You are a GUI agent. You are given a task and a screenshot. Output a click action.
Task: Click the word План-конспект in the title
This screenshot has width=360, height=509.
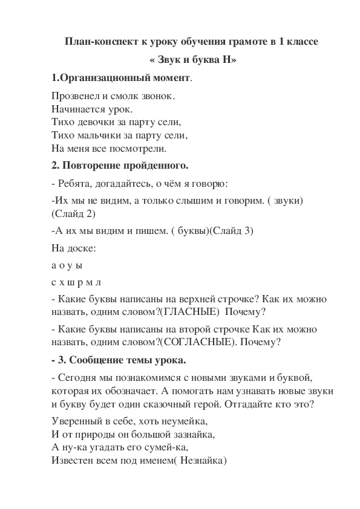click(x=97, y=42)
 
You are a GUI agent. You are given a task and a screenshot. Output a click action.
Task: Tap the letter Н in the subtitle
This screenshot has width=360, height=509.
click(x=223, y=60)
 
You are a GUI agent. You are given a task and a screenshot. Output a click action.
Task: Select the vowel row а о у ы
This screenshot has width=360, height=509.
click(x=67, y=265)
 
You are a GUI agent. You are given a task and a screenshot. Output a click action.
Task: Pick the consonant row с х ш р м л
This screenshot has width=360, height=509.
click(x=76, y=282)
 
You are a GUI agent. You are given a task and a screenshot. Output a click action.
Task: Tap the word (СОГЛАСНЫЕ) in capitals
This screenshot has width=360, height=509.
click(x=197, y=342)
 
